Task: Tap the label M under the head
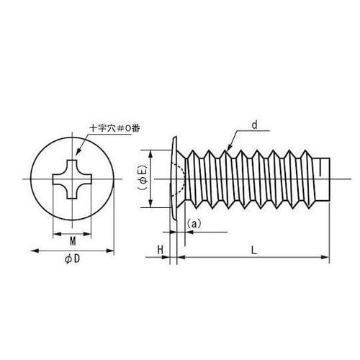(73, 240)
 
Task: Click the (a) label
(194, 224)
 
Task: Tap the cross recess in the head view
(73, 179)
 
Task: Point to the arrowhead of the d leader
(225, 148)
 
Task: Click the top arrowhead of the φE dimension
(150, 153)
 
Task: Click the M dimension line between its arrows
(73, 232)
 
